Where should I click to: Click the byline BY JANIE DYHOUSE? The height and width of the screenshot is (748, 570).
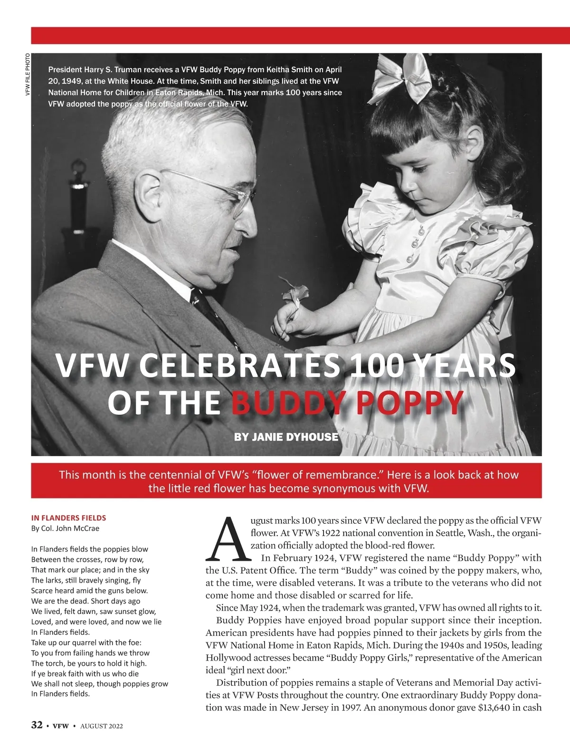coord(286,437)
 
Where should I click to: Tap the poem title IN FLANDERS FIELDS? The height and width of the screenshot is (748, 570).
coord(68,518)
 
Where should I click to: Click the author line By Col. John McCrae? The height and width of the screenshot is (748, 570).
coord(65,528)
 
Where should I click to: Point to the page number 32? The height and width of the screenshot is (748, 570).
coord(37,725)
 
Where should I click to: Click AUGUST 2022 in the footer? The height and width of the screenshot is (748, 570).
coord(101,726)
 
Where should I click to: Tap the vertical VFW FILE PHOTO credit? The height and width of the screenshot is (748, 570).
coord(27,74)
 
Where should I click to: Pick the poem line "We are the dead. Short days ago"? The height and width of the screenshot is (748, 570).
coord(85,601)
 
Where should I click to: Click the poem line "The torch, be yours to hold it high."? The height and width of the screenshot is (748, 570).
coord(89,663)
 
